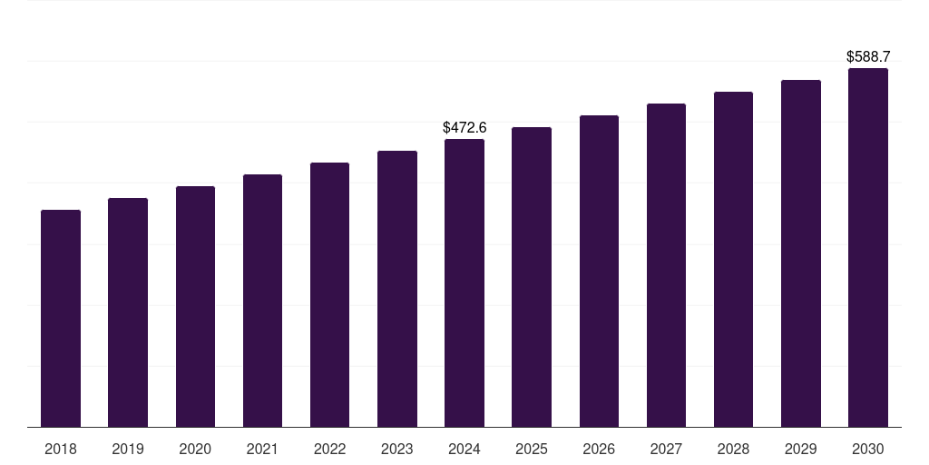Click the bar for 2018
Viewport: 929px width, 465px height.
(61, 318)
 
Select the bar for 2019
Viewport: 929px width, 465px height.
(128, 312)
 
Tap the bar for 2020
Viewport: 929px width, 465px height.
(195, 306)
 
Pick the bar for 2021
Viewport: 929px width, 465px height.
(262, 301)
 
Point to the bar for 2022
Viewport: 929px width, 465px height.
(329, 294)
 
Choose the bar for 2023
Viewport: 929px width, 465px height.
(397, 289)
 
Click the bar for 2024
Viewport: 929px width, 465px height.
(464, 282)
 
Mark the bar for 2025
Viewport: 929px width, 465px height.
(532, 277)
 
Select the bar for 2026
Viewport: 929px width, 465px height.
(599, 271)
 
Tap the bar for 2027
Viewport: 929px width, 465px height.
(666, 265)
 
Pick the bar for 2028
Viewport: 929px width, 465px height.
(733, 259)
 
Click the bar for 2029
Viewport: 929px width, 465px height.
(801, 253)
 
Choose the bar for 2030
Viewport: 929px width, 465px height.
(868, 247)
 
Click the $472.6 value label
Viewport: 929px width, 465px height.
(464, 128)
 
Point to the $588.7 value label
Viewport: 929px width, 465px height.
(868, 57)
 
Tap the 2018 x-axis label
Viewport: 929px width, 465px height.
(61, 449)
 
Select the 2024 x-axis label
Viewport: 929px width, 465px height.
(464, 449)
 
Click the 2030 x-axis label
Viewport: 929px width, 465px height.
(868, 449)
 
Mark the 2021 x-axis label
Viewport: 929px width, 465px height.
(262, 449)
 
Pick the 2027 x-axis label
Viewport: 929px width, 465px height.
(666, 449)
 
